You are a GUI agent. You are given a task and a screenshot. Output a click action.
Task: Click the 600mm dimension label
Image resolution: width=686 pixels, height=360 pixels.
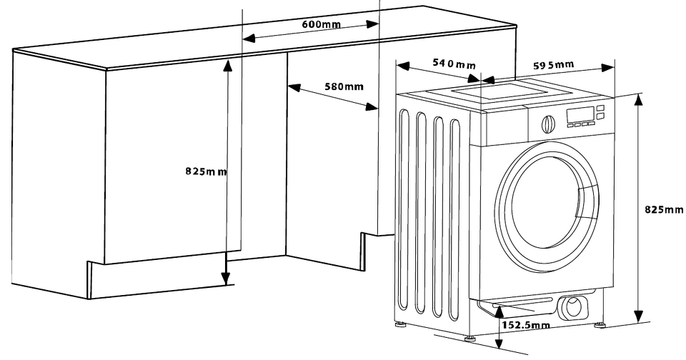click(x=321, y=24)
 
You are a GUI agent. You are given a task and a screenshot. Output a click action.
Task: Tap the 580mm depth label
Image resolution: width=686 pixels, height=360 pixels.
click(x=344, y=86)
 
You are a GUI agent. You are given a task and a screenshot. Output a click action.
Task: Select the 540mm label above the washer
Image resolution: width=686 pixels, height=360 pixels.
click(x=454, y=64)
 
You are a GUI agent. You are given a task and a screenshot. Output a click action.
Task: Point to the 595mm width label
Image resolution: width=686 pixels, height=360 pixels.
click(x=554, y=65)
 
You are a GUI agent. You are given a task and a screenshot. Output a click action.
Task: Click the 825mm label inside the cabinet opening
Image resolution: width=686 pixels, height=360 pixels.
click(x=206, y=171)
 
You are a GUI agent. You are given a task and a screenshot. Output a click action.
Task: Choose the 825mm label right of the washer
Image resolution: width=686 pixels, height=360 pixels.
click(x=664, y=209)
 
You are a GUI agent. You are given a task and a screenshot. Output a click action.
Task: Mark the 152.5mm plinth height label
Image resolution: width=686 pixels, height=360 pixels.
click(x=525, y=326)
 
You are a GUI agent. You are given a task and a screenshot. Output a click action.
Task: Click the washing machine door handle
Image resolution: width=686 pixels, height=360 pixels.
click(x=587, y=204)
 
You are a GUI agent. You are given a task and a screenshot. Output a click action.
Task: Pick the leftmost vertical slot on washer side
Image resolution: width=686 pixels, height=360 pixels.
click(x=407, y=214)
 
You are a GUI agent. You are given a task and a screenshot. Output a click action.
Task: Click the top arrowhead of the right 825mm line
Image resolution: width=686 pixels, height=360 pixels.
click(x=639, y=99)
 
